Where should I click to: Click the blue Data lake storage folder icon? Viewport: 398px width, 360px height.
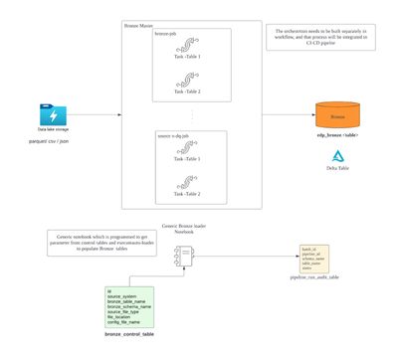point(48,113)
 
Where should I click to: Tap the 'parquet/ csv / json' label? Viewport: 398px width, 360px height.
point(49,143)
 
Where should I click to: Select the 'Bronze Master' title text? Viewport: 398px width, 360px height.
point(138,23)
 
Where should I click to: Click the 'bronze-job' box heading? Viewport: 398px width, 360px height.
point(165,34)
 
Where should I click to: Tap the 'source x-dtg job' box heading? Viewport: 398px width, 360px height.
point(176,134)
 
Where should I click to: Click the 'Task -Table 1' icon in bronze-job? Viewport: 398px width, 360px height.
point(186,46)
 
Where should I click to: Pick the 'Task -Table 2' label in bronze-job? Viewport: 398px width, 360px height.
point(186,91)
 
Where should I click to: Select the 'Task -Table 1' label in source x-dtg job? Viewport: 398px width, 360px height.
point(186,158)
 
